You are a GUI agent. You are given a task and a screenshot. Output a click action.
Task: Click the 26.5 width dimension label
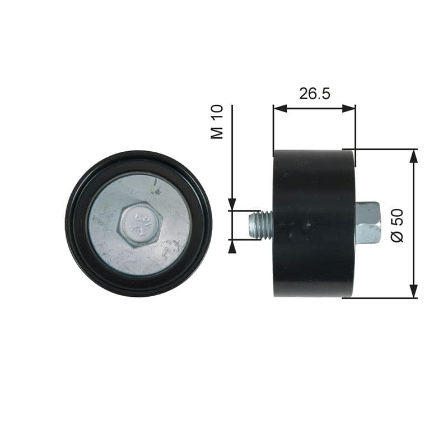click(x=314, y=94)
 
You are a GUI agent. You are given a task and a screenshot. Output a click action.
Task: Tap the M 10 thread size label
click(x=217, y=121)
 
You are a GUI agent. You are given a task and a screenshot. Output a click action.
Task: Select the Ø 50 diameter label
click(x=397, y=225)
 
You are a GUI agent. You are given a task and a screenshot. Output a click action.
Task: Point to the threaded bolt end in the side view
click(x=260, y=225)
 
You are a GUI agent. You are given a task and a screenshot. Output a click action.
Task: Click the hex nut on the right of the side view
click(x=367, y=222)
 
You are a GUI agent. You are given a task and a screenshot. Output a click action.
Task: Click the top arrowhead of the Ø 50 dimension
click(x=413, y=156)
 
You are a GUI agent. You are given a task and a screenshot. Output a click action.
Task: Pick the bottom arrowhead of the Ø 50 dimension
click(x=413, y=291)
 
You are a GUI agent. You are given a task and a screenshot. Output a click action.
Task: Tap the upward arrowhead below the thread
click(x=232, y=246)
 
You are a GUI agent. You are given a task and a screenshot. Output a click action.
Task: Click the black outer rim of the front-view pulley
click(x=76, y=224)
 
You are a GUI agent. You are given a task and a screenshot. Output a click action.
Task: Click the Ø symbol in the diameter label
click(x=397, y=236)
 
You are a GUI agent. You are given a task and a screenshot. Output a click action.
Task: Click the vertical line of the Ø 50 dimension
click(x=413, y=224)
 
